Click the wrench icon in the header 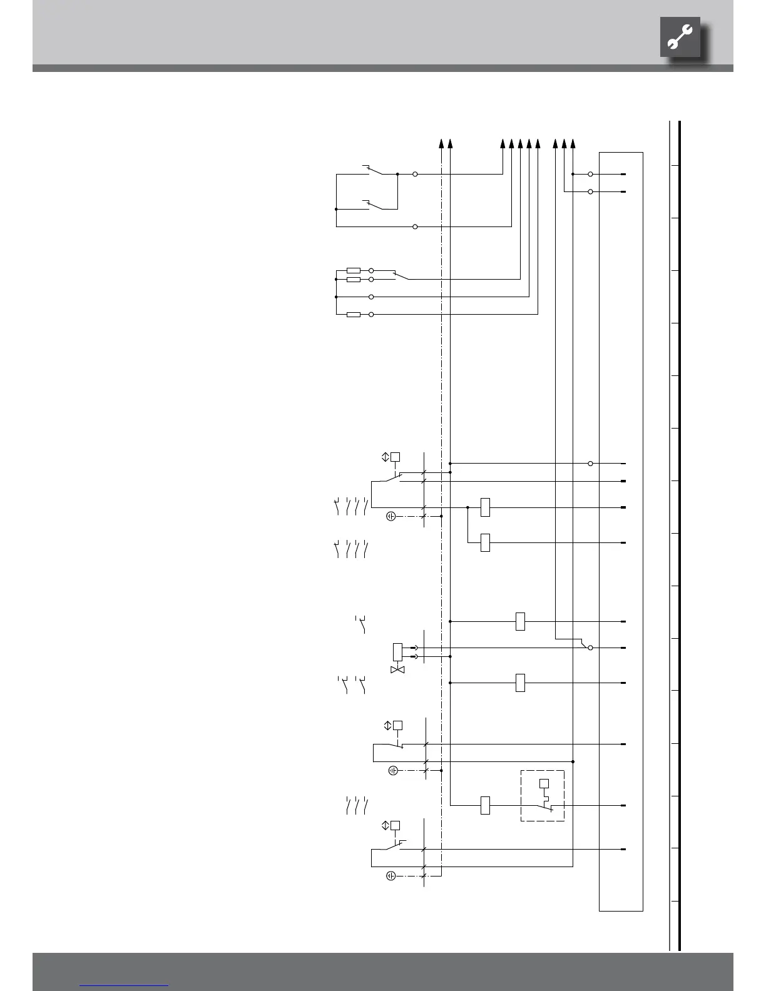(x=680, y=39)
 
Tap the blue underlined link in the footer (x=124, y=985)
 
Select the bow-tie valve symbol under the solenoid (x=397, y=669)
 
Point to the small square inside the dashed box (x=544, y=783)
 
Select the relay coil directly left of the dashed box (x=485, y=805)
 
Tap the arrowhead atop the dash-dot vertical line (x=442, y=143)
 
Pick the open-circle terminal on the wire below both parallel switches (x=415, y=226)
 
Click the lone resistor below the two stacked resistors (x=354, y=314)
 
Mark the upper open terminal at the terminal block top (x=591, y=174)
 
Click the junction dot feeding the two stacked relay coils (x=468, y=507)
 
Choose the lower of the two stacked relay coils (x=485, y=542)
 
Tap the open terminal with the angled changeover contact (x=590, y=648)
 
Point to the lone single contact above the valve (x=361, y=624)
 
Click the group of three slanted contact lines (x=356, y=806)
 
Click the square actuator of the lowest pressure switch (x=396, y=825)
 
